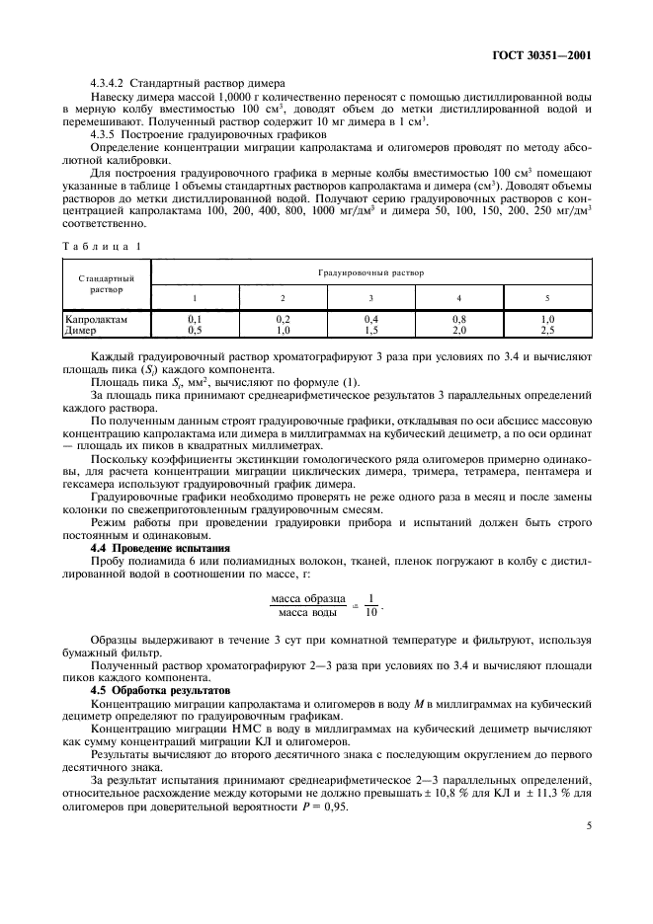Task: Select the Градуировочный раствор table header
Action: (370, 270)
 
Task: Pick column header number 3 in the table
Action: (370, 297)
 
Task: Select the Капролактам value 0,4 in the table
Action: (370, 320)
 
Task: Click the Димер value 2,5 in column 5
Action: (548, 330)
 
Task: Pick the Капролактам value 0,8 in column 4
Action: (459, 320)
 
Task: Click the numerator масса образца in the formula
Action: (307, 597)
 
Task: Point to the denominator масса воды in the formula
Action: (307, 612)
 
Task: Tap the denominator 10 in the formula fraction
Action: (370, 612)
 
